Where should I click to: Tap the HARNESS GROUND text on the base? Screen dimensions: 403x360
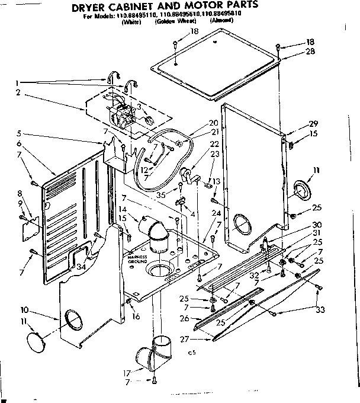[x=135, y=258]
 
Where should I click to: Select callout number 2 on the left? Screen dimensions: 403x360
[x=19, y=92]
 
